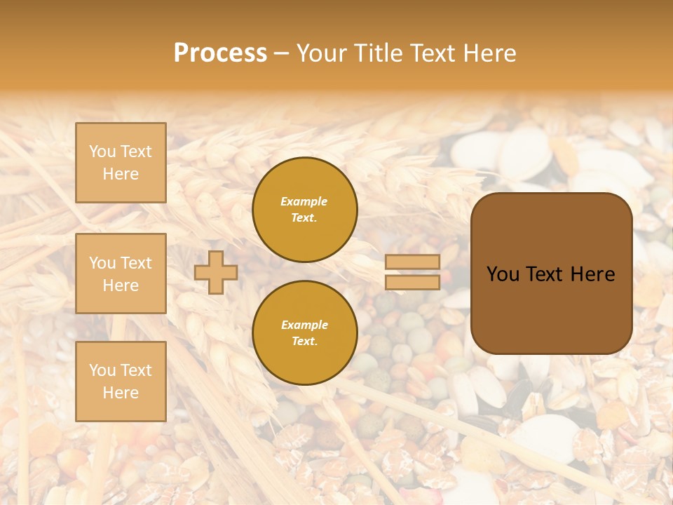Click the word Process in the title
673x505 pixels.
pyautogui.click(x=220, y=53)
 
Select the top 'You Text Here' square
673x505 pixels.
pyautogui.click(x=121, y=163)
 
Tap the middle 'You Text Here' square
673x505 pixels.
pyautogui.click(x=121, y=274)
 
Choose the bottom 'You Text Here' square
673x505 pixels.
pyautogui.click(x=121, y=381)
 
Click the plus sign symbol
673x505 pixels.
pyautogui.click(x=216, y=272)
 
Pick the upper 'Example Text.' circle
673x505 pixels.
pyautogui.click(x=304, y=210)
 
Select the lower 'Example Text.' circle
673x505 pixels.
pyautogui.click(x=304, y=333)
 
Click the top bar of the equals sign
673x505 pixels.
pyautogui.click(x=412, y=262)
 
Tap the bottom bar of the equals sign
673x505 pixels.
pyautogui.click(x=412, y=282)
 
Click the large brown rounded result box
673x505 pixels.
pyautogui.click(x=551, y=274)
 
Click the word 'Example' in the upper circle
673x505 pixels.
pyautogui.click(x=304, y=201)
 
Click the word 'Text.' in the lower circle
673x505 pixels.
pyautogui.click(x=304, y=342)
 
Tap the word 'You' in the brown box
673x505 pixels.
pyautogui.click(x=503, y=274)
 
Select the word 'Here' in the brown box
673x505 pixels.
pyautogui.click(x=592, y=274)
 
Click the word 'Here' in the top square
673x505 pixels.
pyautogui.click(x=121, y=174)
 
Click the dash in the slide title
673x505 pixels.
pyautogui.click(x=282, y=54)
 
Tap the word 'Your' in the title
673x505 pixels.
pyautogui.click(x=321, y=53)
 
